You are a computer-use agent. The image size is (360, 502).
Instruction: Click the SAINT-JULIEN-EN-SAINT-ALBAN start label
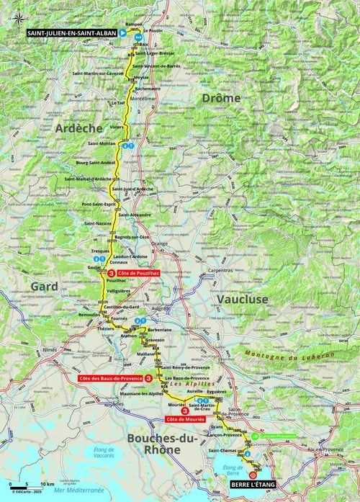click(x=68, y=32)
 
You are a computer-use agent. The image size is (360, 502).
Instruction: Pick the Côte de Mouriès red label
click(x=185, y=418)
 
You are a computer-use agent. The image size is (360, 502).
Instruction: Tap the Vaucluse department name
click(x=240, y=298)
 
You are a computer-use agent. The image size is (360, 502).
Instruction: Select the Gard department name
click(x=44, y=287)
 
